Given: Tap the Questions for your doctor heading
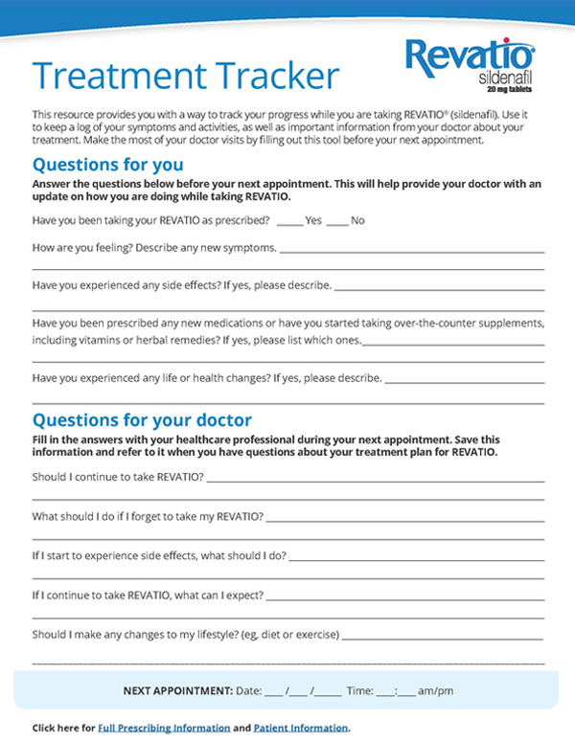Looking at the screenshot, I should (x=142, y=419).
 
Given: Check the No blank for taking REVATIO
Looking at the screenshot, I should (x=336, y=221).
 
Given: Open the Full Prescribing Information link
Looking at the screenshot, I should (x=164, y=728).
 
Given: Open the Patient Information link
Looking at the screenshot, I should (x=301, y=728).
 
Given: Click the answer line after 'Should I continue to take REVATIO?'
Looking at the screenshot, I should (x=375, y=478).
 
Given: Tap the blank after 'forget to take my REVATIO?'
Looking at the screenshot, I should (x=404, y=517).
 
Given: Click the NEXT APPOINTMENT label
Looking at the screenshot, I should (x=178, y=690).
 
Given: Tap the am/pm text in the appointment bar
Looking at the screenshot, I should (x=437, y=690).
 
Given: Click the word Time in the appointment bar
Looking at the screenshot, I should (x=359, y=690).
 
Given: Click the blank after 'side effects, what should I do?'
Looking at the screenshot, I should (x=416, y=556).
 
